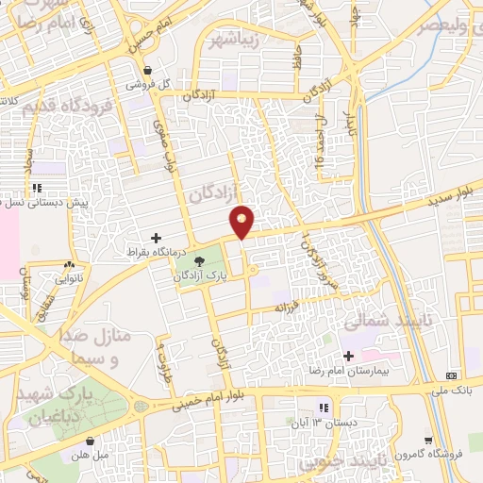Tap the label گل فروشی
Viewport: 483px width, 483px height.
177,85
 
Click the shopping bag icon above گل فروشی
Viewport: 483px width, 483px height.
148,70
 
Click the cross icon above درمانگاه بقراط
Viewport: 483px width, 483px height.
157,238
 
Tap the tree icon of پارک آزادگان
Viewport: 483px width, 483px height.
199,261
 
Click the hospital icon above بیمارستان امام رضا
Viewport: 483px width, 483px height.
349,356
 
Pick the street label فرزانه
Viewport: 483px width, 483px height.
286,307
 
